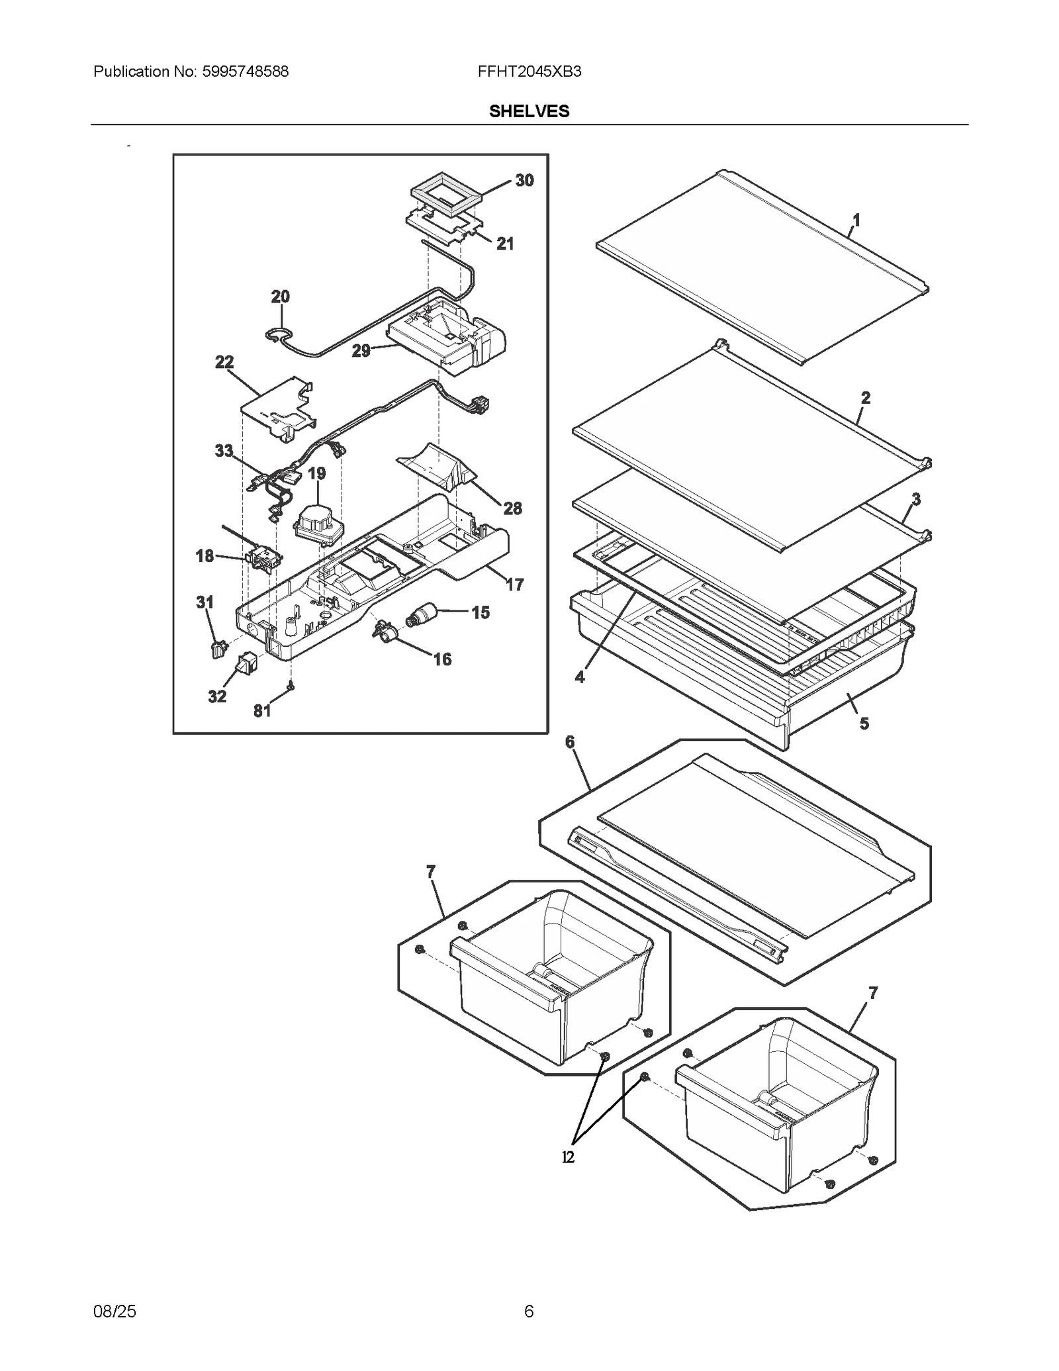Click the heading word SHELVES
tap(529, 111)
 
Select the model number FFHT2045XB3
tap(529, 71)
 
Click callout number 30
tap(524, 180)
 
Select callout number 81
tap(262, 710)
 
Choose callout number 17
tap(515, 585)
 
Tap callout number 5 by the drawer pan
tap(864, 724)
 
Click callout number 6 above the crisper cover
tap(570, 742)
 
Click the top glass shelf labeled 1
tap(761, 265)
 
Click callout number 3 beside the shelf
tap(916, 499)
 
